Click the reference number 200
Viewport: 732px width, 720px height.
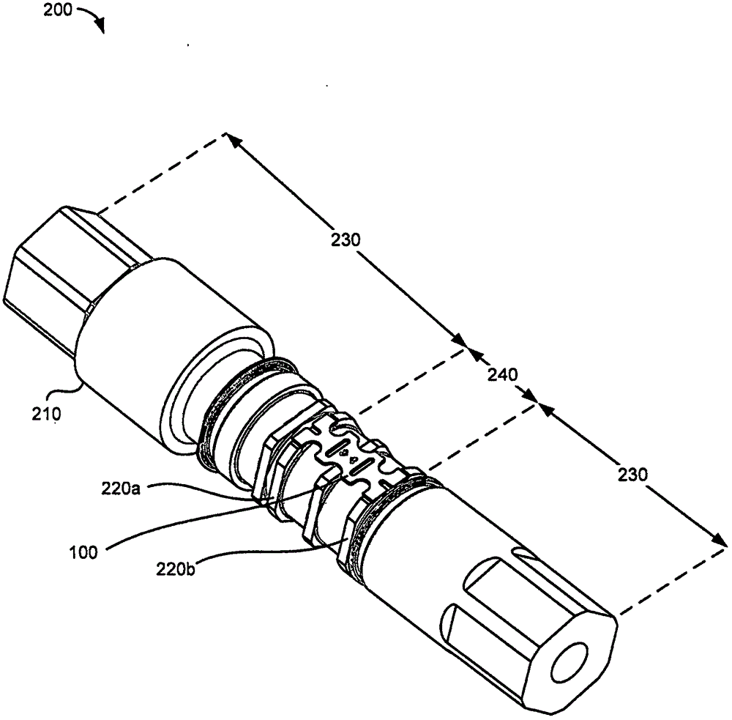[58, 10]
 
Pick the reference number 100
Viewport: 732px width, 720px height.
[83, 553]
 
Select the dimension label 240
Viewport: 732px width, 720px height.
[503, 374]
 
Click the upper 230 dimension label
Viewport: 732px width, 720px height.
[346, 240]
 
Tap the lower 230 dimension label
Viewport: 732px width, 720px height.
[633, 475]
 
